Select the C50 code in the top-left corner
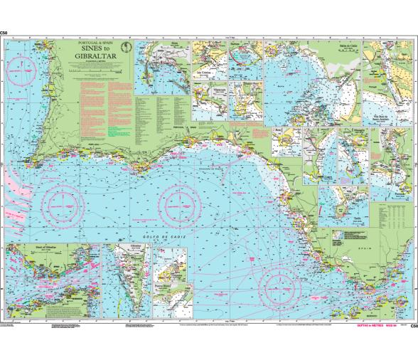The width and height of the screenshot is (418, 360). click(5, 33)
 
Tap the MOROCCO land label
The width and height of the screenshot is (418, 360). click(395, 316)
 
